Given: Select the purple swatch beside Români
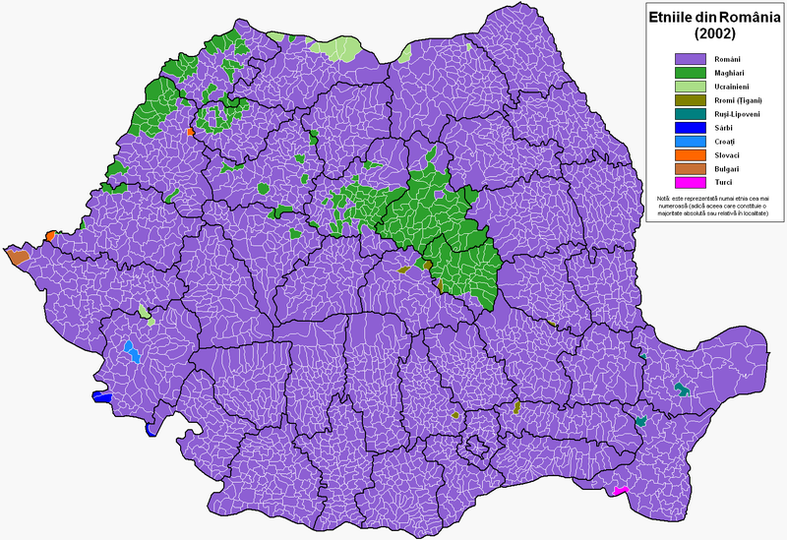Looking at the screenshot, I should point(692,59).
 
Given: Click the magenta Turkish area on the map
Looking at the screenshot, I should point(621,490).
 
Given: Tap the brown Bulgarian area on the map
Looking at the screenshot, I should point(17,258).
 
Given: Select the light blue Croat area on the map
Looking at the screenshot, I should point(131,351).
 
